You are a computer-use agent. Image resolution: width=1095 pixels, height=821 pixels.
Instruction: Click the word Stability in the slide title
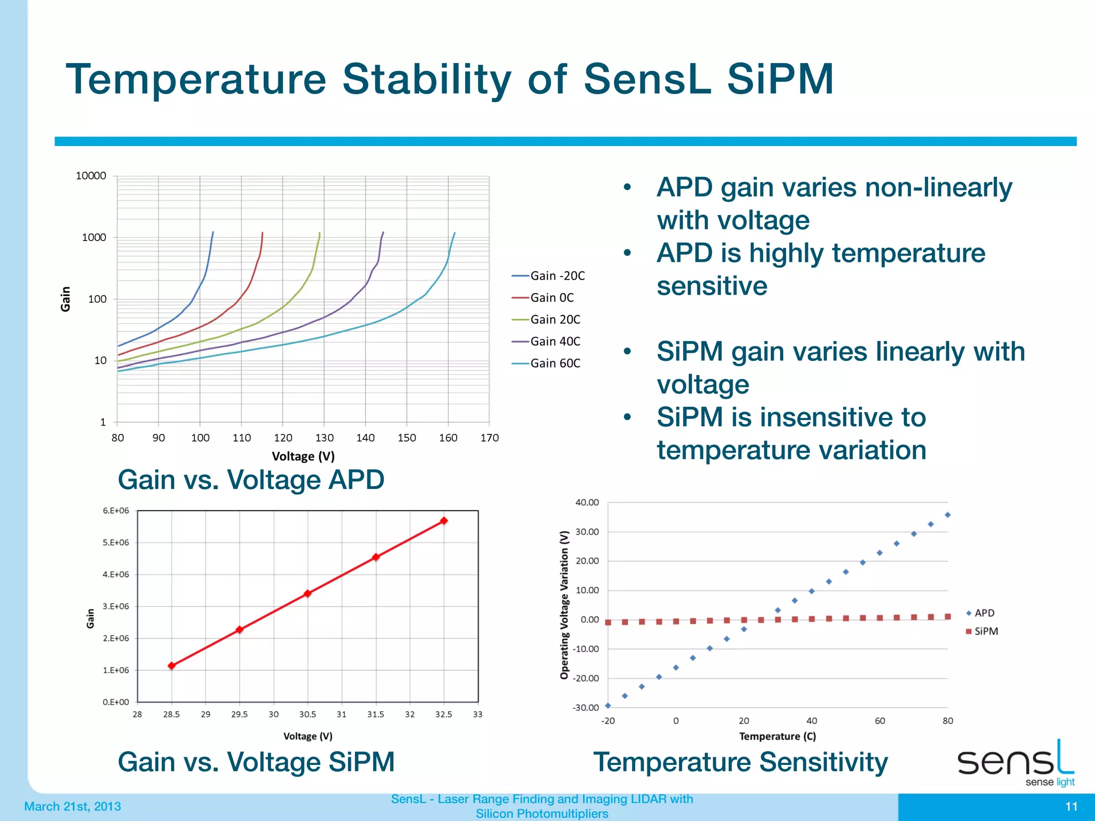coord(427,80)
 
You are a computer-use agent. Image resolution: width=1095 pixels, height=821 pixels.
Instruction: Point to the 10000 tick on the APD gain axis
coord(91,176)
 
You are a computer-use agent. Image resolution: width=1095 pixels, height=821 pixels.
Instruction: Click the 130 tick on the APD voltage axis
coord(324,438)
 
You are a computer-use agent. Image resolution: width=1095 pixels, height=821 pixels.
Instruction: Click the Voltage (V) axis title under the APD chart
coord(303,456)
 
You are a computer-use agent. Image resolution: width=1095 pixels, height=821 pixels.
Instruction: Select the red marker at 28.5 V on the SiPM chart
coord(172,665)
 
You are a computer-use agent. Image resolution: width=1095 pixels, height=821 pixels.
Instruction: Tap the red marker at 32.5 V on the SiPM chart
coord(444,521)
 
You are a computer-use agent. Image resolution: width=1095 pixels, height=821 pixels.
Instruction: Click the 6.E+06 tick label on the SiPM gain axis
coord(115,511)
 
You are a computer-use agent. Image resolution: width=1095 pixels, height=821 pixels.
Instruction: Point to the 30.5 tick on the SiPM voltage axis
coord(307,715)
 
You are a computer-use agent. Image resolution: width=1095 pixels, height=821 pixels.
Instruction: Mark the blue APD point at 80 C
coord(947,515)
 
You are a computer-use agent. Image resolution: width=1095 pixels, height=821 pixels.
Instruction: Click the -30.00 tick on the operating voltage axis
coord(586,708)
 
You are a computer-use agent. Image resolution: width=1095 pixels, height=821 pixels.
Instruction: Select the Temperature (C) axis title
coord(777,737)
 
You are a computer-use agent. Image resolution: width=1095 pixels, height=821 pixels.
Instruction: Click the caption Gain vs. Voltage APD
coord(251,479)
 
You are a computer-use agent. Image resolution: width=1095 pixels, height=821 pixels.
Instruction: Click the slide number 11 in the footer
coord(1071,807)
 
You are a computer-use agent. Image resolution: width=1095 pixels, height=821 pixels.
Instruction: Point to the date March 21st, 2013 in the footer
coord(73,807)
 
